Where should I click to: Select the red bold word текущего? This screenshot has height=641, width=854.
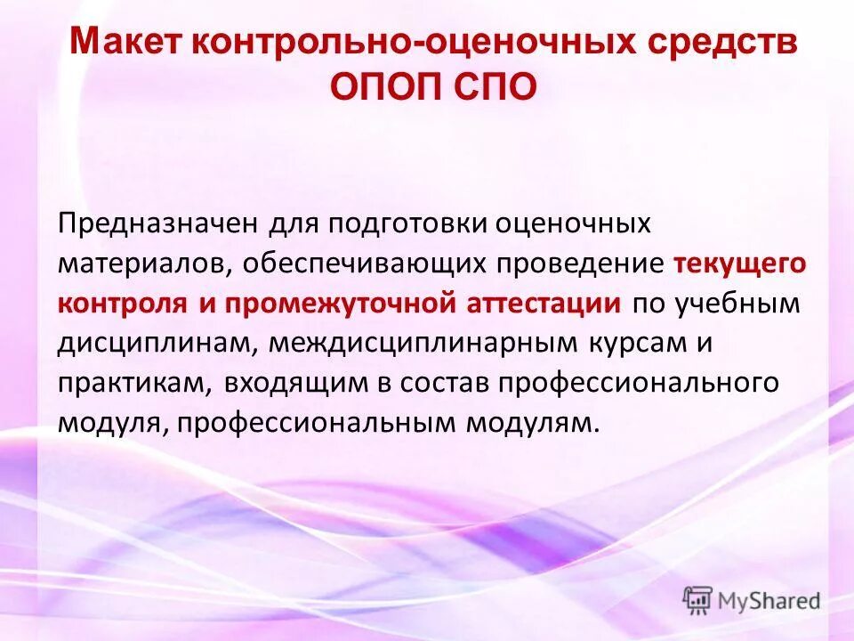click(739, 264)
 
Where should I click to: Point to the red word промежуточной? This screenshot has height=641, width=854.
click(334, 303)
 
